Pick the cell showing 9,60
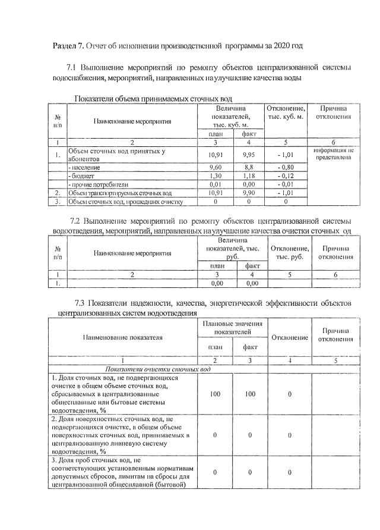(x=216, y=168)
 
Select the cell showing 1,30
(x=216, y=176)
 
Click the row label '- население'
(x=84, y=168)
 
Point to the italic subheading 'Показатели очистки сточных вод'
(x=157, y=369)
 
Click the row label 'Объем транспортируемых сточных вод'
(x=120, y=193)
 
